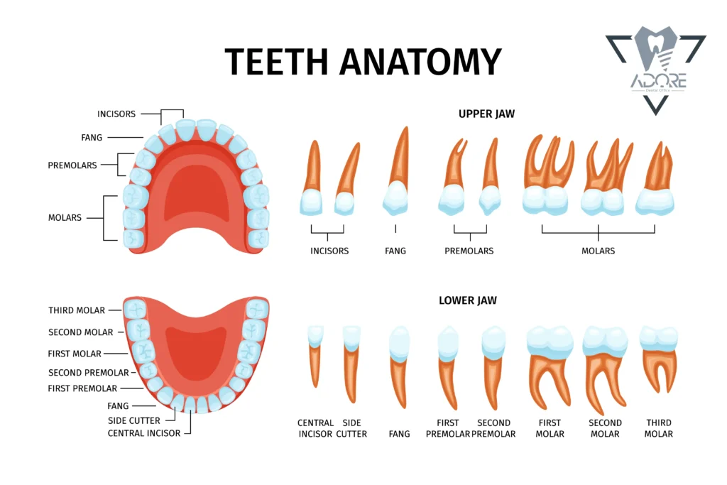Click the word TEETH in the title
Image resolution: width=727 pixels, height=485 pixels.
(x=276, y=62)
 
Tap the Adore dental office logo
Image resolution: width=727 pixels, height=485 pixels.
(x=655, y=70)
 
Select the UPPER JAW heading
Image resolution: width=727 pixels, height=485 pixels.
(x=486, y=114)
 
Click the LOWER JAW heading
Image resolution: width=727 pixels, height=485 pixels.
(x=468, y=300)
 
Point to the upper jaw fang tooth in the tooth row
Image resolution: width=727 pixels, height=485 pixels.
(x=397, y=172)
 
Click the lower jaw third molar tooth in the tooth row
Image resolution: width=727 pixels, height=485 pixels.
(x=658, y=359)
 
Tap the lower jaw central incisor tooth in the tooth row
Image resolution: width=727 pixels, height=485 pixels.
(x=316, y=356)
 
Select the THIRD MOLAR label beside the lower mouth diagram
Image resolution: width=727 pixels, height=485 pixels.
(x=77, y=310)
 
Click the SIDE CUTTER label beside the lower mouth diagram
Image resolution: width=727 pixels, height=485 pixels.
(x=134, y=420)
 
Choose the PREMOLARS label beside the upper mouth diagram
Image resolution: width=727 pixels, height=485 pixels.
(x=72, y=165)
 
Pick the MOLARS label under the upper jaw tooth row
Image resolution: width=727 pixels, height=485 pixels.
(x=598, y=251)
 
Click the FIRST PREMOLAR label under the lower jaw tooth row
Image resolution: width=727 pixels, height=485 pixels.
(x=448, y=428)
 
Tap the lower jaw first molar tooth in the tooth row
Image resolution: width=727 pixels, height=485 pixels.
(x=550, y=369)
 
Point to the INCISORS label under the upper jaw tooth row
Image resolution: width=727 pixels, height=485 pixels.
(x=329, y=251)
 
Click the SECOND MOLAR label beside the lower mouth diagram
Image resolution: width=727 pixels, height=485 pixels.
(x=81, y=332)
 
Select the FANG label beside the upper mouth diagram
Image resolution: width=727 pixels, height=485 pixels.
(x=92, y=138)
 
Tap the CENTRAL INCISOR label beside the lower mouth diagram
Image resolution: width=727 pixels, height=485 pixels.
(x=143, y=433)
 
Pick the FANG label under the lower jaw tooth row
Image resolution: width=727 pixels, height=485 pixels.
(x=399, y=434)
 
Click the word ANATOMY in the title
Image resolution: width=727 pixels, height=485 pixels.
(x=421, y=62)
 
